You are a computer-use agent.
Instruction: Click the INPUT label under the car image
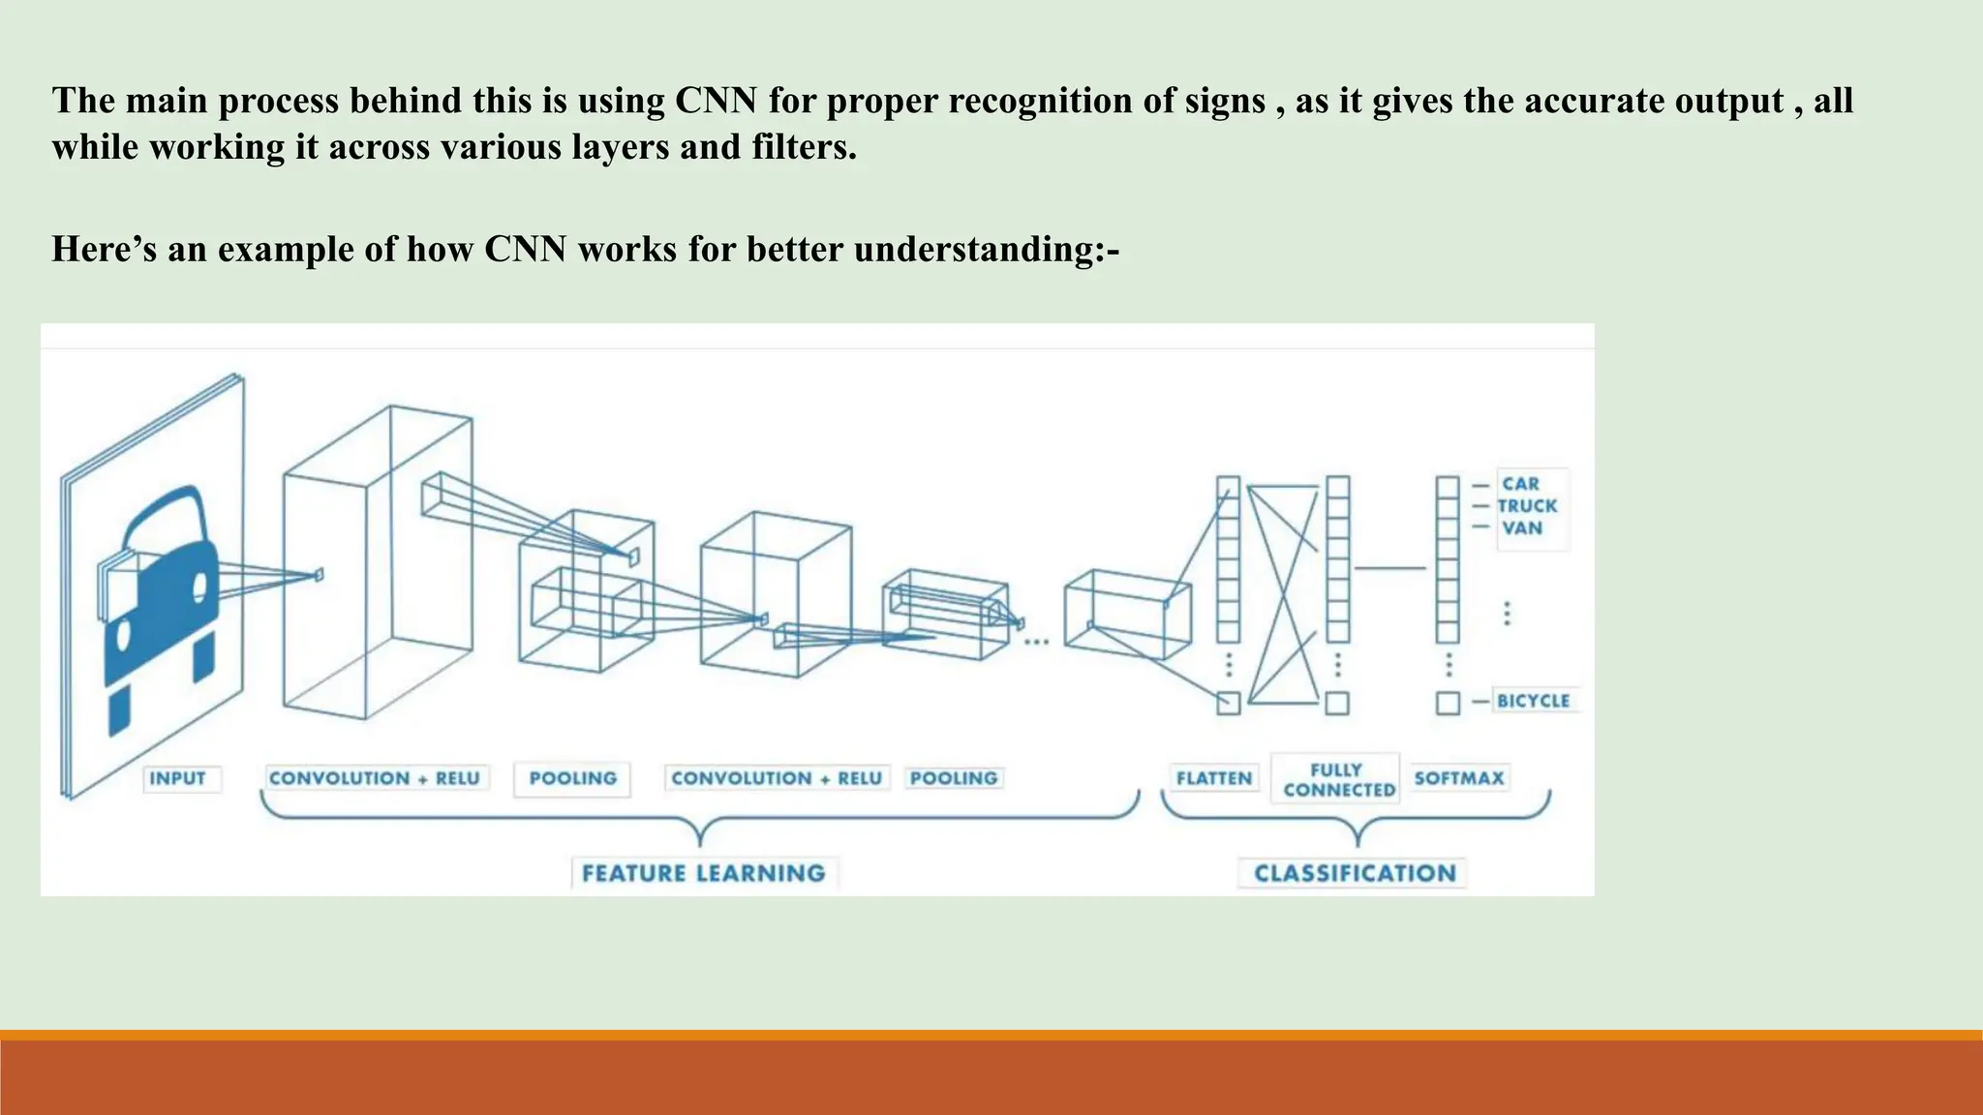click(x=177, y=778)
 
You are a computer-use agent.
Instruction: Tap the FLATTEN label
click(x=1213, y=778)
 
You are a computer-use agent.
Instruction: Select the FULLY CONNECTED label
click(x=1336, y=780)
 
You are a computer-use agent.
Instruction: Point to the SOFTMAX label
click(x=1458, y=778)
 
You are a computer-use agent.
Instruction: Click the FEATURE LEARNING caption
click(x=703, y=873)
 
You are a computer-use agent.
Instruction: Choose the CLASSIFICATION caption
click(x=1355, y=873)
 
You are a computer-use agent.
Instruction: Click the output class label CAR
click(x=1520, y=484)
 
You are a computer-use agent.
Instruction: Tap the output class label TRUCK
click(x=1527, y=506)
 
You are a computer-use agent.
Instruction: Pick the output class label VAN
click(x=1522, y=528)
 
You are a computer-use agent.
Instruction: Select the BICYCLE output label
click(x=1533, y=701)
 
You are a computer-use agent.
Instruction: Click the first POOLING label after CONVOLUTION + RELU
click(x=572, y=778)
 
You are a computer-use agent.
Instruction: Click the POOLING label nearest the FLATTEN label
click(x=953, y=778)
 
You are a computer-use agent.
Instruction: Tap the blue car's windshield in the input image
click(x=165, y=527)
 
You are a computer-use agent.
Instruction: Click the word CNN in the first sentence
click(x=716, y=101)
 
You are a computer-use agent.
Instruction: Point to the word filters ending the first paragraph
click(x=804, y=147)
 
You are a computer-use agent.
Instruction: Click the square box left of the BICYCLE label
click(x=1448, y=703)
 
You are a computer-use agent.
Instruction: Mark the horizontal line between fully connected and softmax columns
click(x=1389, y=568)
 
